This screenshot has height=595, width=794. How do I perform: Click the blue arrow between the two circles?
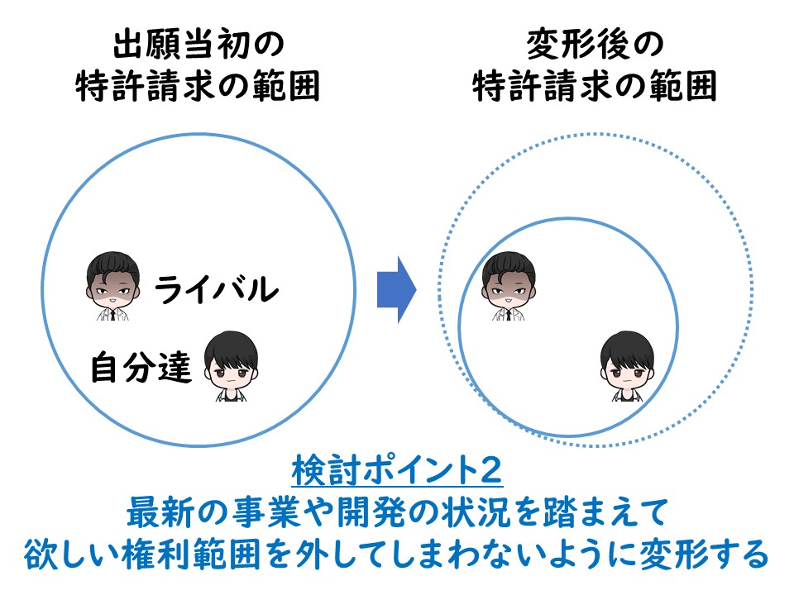(x=396, y=290)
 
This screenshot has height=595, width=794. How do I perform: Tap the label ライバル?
(x=217, y=289)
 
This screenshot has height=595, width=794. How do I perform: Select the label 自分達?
(x=141, y=366)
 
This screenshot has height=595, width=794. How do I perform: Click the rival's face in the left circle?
(x=112, y=285)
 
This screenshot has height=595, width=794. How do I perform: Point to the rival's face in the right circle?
(x=509, y=285)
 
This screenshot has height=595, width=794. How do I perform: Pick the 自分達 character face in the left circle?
(x=231, y=366)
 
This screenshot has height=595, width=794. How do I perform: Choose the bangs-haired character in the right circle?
(x=627, y=366)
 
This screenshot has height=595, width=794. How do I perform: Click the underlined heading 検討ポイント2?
(x=397, y=470)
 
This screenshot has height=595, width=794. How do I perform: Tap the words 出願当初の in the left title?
(x=198, y=44)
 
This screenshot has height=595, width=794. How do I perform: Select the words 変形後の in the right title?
(x=595, y=44)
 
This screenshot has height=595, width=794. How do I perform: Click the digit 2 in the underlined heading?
(x=490, y=470)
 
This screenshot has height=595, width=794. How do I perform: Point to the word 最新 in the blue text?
(x=162, y=512)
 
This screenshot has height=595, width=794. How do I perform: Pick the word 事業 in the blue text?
(x=267, y=512)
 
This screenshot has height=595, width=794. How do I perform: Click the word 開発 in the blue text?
(x=371, y=512)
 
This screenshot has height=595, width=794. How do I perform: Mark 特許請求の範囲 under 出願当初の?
(x=198, y=86)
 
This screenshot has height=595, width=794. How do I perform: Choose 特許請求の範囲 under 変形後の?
(x=595, y=86)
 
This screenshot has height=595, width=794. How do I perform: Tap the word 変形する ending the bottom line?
(x=705, y=554)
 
